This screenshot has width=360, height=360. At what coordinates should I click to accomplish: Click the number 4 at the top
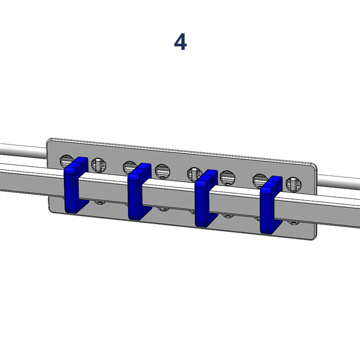(180, 42)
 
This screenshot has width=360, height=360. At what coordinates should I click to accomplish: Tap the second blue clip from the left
(139, 191)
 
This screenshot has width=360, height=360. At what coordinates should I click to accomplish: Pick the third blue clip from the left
(206, 198)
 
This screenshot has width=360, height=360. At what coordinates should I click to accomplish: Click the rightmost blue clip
(271, 205)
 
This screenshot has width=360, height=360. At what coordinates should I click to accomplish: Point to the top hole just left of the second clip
(130, 167)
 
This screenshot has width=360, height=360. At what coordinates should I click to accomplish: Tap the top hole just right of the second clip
(163, 170)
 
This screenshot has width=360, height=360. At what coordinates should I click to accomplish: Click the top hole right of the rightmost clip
(293, 184)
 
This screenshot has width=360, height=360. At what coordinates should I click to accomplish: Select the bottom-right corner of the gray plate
(314, 237)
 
